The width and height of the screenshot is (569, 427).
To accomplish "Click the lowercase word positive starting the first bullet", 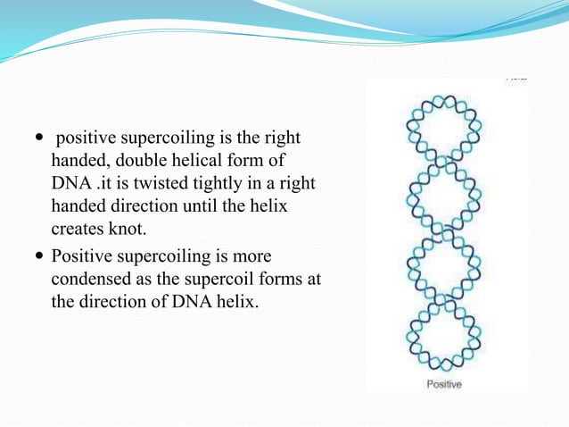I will (86, 138).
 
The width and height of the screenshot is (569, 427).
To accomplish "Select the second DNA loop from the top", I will (443, 197).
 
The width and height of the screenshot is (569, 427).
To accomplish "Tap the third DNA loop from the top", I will (443, 266).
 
